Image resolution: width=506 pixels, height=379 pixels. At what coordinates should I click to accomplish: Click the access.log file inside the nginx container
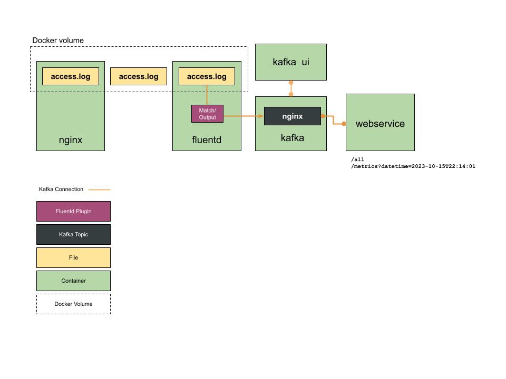70,76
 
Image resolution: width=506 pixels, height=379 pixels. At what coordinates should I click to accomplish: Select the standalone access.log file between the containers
139,76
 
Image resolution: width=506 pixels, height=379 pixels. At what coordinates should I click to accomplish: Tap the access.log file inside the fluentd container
207,76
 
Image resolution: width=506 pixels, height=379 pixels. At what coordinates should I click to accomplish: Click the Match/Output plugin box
207,114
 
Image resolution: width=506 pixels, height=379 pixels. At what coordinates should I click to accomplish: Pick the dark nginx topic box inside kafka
293,116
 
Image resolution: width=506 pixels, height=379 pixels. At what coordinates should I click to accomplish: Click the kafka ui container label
291,62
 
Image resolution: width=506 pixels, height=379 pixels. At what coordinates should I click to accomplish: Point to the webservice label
380,124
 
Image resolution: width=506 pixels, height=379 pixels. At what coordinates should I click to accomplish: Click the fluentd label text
207,141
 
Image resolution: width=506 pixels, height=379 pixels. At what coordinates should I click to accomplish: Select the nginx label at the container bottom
70,141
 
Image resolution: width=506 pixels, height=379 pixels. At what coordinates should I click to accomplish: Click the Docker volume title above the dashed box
58,41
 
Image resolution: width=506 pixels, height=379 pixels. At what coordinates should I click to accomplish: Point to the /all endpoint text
357,159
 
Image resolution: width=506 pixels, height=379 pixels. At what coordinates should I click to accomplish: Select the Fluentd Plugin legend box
73,211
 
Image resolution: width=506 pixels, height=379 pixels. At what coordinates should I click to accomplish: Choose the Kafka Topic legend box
73,235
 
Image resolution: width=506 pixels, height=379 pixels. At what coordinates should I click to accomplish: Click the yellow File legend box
73,258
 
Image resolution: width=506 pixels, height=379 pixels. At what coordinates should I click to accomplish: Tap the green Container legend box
73,281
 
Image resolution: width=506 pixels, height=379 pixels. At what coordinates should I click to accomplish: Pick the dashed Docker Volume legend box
73,304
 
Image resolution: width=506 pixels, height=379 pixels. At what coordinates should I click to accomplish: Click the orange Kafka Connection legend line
99,189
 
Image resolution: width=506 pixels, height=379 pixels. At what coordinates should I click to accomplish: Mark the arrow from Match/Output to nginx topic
242,116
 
